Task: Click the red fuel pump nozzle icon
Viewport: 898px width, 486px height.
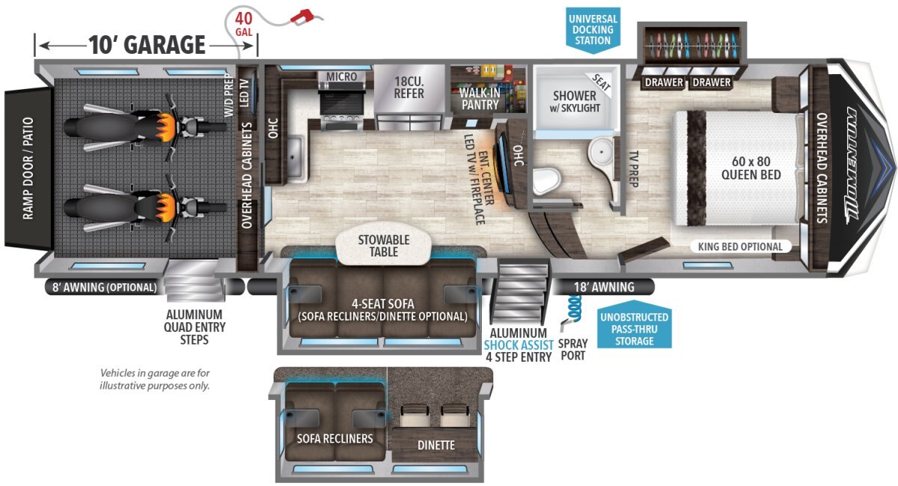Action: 302,17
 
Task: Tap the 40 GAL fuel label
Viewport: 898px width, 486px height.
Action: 244,25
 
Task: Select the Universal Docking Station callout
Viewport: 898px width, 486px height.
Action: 593,30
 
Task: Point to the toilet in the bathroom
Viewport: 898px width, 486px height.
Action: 546,181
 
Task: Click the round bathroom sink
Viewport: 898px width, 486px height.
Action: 601,151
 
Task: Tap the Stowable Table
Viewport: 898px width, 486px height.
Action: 384,244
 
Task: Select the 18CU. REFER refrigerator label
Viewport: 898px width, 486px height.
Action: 409,87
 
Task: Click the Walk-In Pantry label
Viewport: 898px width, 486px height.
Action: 480,99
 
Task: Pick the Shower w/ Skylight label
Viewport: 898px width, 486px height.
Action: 575,102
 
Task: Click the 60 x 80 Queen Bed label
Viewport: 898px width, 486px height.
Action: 751,168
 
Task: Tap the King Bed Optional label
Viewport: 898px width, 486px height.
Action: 740,247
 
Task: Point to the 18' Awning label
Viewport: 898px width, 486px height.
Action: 604,287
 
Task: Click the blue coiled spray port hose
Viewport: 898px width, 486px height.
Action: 575,309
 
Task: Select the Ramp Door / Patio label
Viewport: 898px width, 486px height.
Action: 28,168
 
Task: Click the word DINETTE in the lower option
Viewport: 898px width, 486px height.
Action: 436,445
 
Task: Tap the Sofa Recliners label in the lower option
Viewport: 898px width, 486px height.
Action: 335,439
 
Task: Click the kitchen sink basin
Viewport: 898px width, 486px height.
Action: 296,158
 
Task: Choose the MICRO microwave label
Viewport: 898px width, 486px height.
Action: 341,76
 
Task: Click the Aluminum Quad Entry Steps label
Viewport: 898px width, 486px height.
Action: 195,327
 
